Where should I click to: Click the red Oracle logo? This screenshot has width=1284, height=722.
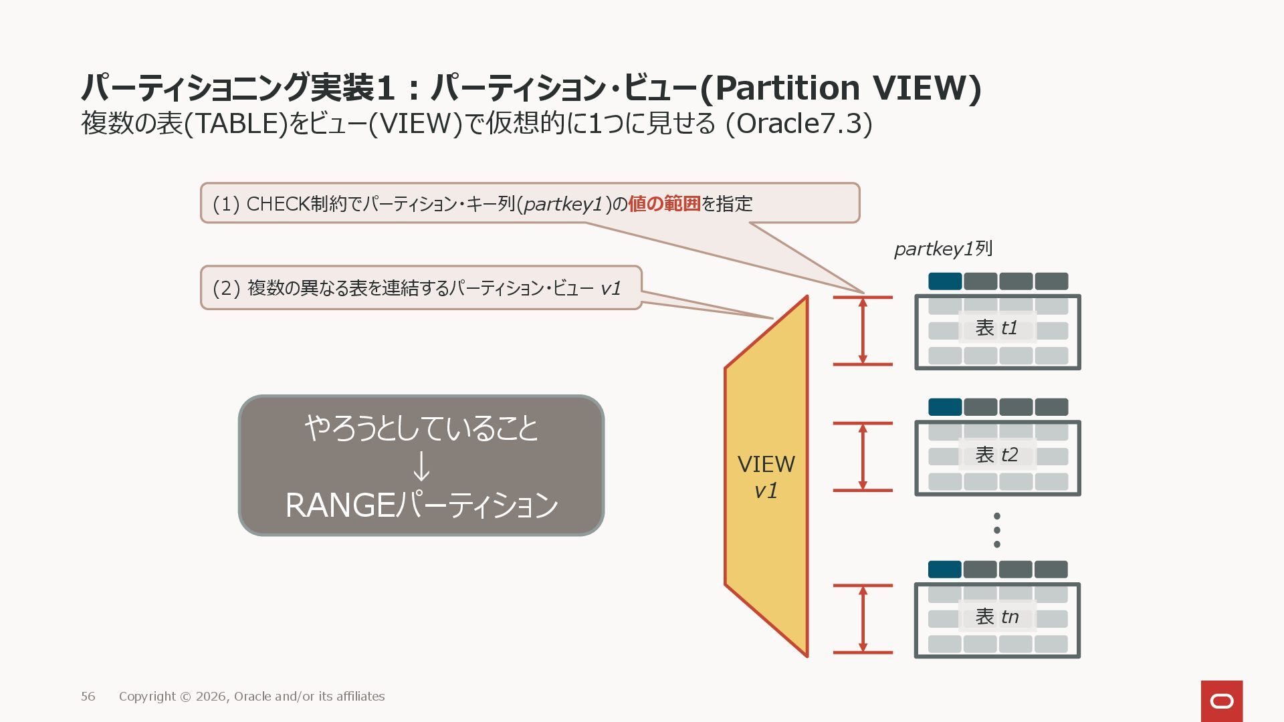pyautogui.click(x=1221, y=701)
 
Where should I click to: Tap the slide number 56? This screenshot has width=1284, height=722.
pyautogui.click(x=88, y=697)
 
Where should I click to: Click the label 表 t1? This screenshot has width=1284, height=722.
pyautogui.click(x=996, y=328)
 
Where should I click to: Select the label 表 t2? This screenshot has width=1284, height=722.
pyautogui.click(x=996, y=455)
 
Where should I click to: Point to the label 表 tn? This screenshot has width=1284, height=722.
pyautogui.click(x=996, y=617)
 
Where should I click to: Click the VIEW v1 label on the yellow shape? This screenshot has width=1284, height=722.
pyautogui.click(x=766, y=477)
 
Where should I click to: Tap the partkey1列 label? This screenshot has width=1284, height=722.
pyautogui.click(x=943, y=249)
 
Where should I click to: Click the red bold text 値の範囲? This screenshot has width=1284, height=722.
pyautogui.click(x=663, y=204)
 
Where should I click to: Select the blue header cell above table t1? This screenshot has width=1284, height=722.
pyautogui.click(x=945, y=281)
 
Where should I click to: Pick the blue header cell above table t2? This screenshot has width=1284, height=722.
pyautogui.click(x=945, y=406)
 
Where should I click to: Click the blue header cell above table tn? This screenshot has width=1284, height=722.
pyautogui.click(x=945, y=570)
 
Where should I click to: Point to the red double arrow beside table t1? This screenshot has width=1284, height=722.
pyautogui.click(x=863, y=331)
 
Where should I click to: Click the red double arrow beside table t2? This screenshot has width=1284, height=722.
pyautogui.click(x=863, y=457)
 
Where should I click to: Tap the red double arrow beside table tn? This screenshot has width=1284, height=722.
pyautogui.click(x=863, y=619)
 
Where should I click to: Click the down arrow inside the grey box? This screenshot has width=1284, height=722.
pyautogui.click(x=421, y=467)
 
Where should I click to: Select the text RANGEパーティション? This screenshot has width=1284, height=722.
pyautogui.click(x=421, y=505)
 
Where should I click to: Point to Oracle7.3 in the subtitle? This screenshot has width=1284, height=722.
pyautogui.click(x=799, y=124)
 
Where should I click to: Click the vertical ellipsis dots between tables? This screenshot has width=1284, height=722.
pyautogui.click(x=997, y=530)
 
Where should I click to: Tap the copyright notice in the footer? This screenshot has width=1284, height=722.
pyautogui.click(x=251, y=697)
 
